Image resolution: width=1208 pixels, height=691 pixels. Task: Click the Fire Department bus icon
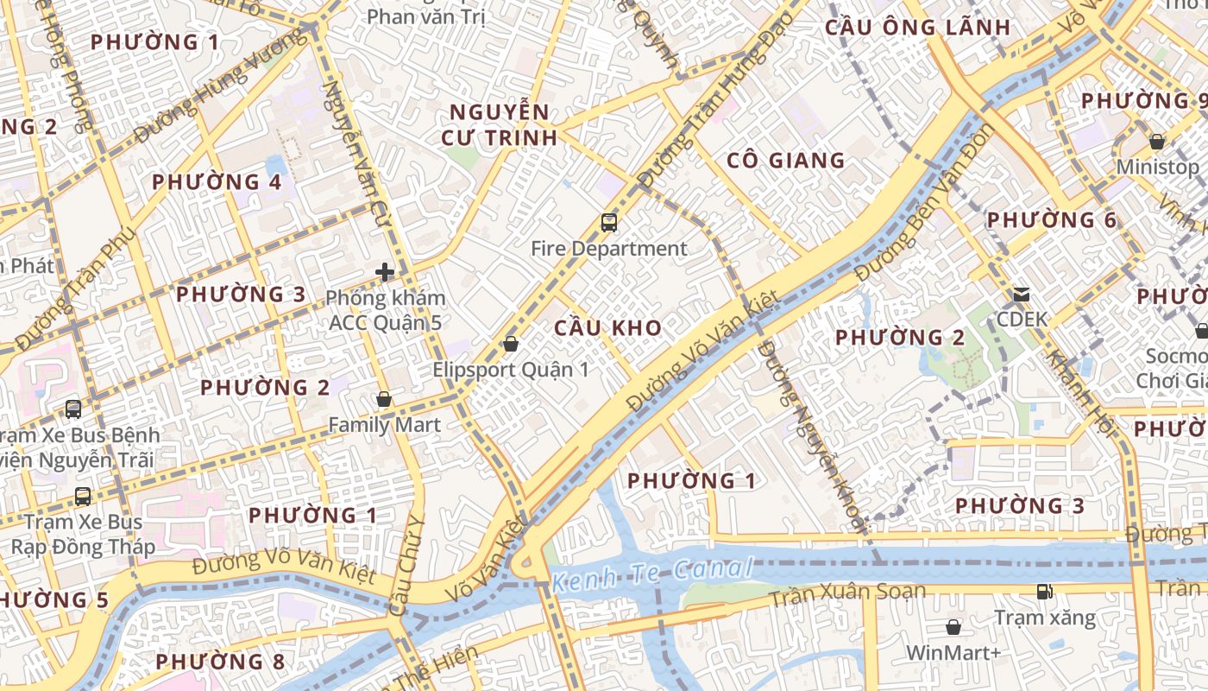[x=609, y=223]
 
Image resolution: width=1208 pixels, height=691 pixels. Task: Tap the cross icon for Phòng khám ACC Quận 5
[x=385, y=273]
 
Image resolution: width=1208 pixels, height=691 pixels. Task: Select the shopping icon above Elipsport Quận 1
[x=511, y=344]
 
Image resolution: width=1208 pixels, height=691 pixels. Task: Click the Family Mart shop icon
[x=384, y=399]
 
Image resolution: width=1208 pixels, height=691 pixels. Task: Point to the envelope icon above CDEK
[x=1022, y=294]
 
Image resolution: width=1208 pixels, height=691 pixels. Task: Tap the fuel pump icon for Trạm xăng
[x=1044, y=592]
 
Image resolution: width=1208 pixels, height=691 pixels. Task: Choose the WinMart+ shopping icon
[x=953, y=626]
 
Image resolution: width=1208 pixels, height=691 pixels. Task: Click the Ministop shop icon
[x=1157, y=141]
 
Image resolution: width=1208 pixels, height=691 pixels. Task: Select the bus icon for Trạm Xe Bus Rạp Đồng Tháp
[x=83, y=497]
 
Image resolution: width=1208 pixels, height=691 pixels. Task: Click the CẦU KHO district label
[x=608, y=328]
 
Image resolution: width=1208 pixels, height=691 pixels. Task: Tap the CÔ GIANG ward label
[x=785, y=161]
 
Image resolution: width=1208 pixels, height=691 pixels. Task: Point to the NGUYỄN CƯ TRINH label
[x=500, y=125]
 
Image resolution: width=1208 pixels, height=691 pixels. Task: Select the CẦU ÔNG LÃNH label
[x=917, y=28]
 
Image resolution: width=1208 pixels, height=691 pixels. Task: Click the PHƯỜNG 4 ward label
[x=217, y=182]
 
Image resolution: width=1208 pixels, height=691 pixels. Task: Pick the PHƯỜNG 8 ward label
[x=220, y=662]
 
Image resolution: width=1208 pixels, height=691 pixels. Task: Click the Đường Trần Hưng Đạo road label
[x=703, y=108]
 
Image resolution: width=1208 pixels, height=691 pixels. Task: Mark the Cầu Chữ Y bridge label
[x=406, y=566]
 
